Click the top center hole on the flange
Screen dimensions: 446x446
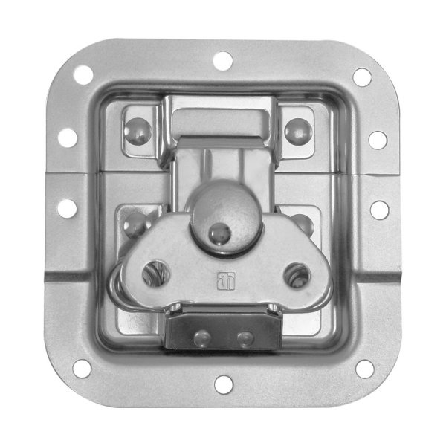click(x=222, y=60)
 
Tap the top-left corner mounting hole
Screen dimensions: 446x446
click(x=83, y=74)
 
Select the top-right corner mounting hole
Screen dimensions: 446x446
click(x=362, y=77)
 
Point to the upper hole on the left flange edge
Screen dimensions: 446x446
click(x=68, y=138)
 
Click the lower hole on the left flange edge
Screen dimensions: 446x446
click(x=67, y=208)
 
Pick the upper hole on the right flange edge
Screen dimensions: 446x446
click(x=378, y=140)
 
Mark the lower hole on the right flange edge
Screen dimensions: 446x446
click(x=378, y=210)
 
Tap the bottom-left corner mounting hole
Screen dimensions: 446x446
click(x=81, y=367)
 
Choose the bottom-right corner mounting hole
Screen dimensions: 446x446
click(x=364, y=368)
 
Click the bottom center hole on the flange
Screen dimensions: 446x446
click(x=222, y=384)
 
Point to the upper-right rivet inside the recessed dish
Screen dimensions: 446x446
click(x=299, y=130)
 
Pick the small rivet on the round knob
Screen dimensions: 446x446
click(x=219, y=234)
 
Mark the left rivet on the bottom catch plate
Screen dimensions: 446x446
click(x=201, y=338)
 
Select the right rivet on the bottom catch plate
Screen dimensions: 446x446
click(x=245, y=339)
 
